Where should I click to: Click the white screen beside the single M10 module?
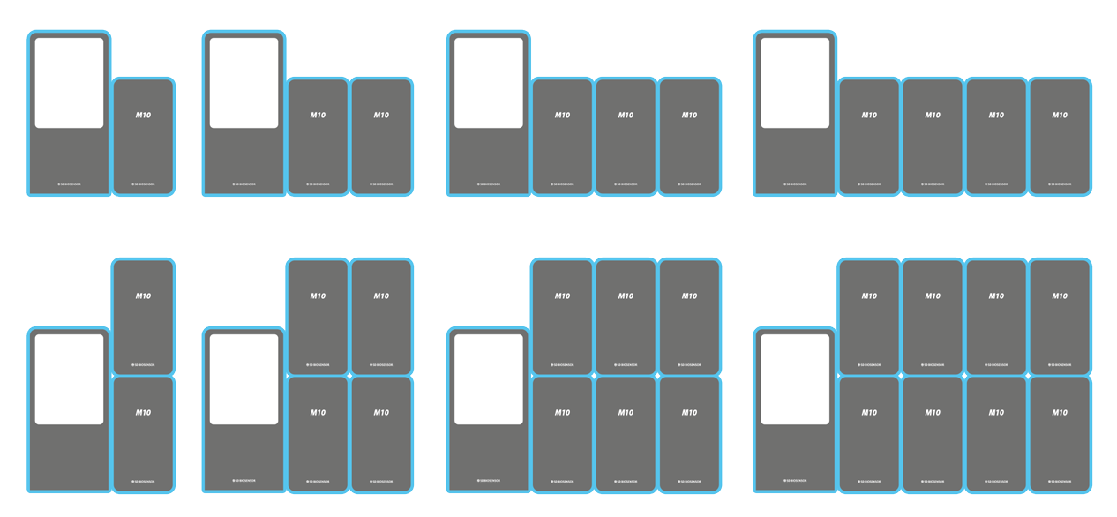pyautogui.click(x=69, y=83)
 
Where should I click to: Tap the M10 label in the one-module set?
pyautogui.click(x=143, y=116)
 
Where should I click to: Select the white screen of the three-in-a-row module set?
pyautogui.click(x=488, y=83)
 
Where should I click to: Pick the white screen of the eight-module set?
pyautogui.click(x=795, y=379)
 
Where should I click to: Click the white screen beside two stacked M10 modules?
pyautogui.click(x=69, y=379)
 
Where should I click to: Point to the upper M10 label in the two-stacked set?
pyautogui.click(x=143, y=296)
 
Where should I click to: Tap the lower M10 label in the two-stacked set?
pyautogui.click(x=143, y=413)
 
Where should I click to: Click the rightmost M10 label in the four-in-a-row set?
pyautogui.click(x=1060, y=116)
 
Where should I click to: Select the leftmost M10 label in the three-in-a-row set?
pyautogui.click(x=562, y=116)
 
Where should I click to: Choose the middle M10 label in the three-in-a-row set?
pyautogui.click(x=626, y=116)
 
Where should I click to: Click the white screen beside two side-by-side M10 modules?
pyautogui.click(x=244, y=83)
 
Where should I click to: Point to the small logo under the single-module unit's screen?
pyautogui.click(x=69, y=184)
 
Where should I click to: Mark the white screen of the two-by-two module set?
pyautogui.click(x=244, y=379)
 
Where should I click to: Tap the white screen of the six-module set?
pyautogui.click(x=488, y=379)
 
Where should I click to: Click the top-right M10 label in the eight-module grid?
pyautogui.click(x=1060, y=296)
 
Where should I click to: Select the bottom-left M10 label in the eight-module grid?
pyautogui.click(x=869, y=413)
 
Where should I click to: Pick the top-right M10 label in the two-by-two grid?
pyautogui.click(x=381, y=296)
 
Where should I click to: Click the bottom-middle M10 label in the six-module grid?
pyautogui.click(x=626, y=413)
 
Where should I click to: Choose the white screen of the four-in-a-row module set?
pyautogui.click(x=795, y=83)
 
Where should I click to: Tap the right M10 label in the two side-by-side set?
pyautogui.click(x=381, y=116)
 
